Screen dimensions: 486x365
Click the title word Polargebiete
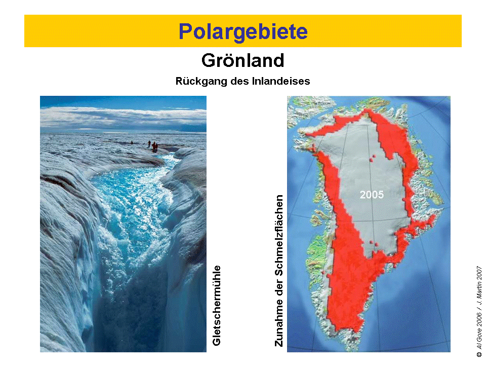pyautogui.click(x=243, y=31)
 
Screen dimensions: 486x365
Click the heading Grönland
pyautogui.click(x=242, y=60)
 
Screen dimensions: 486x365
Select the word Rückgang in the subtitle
pyautogui.click(x=201, y=81)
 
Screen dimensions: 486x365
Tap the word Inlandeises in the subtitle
pyautogui.click(x=281, y=81)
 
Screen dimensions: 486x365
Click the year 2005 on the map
pyautogui.click(x=372, y=195)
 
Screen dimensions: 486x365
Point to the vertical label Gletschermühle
pyautogui.click(x=217, y=305)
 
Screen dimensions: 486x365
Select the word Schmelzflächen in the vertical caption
pyautogui.click(x=279, y=235)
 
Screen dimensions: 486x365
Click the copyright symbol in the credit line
pyautogui.click(x=479, y=354)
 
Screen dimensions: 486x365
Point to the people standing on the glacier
pyautogui.click(x=153, y=146)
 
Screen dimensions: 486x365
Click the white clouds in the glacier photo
pyautogui.click(x=123, y=118)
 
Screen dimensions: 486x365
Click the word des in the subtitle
pyautogui.click(x=239, y=81)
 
